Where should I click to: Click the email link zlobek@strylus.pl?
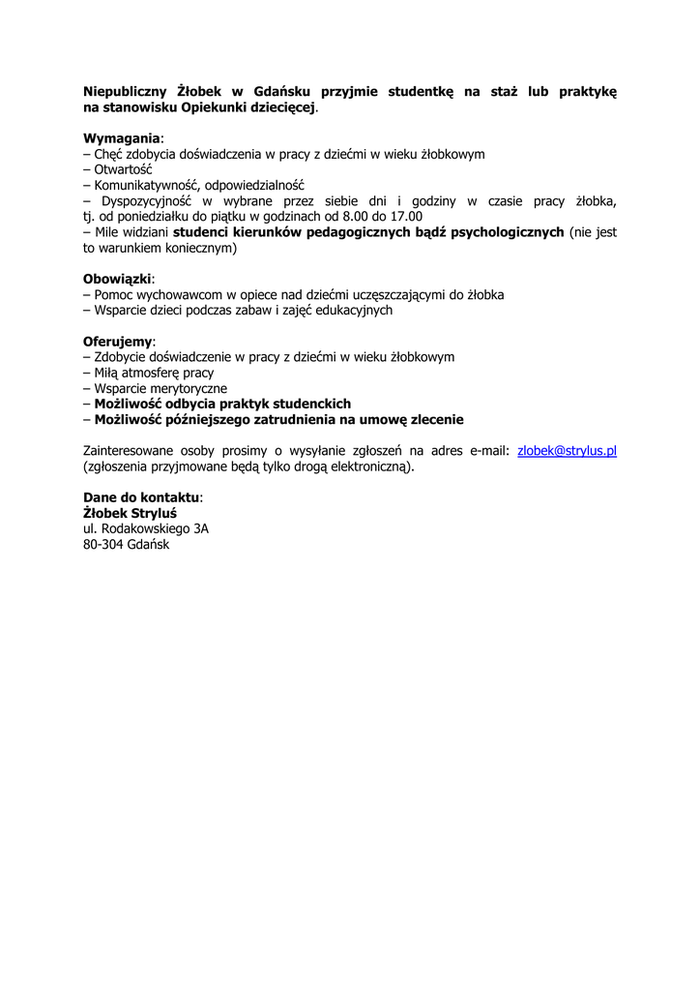point(567,451)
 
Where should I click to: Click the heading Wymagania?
point(121,138)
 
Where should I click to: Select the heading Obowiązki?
point(117,279)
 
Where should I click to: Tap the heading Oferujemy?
point(117,342)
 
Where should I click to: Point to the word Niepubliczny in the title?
point(124,92)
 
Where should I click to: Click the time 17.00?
point(405,217)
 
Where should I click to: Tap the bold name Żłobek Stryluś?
point(130,513)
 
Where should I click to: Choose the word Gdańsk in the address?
point(148,545)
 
